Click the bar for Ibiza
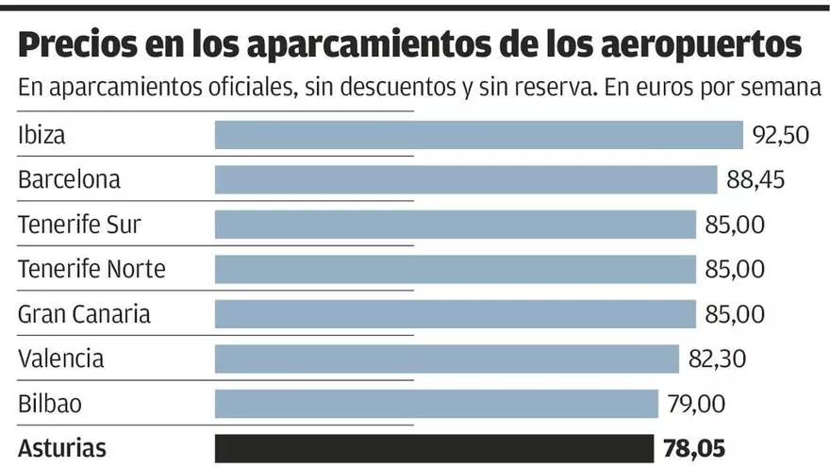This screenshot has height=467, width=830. point(479,135)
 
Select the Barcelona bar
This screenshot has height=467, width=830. point(466,179)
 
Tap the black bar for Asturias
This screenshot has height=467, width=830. point(434,448)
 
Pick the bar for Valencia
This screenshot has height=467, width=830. point(447,359)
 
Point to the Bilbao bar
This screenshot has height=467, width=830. point(436,404)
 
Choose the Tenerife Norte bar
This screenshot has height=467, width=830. point(456,269)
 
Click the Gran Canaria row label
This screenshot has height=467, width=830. point(84,313)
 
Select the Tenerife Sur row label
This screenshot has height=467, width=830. point(80,225)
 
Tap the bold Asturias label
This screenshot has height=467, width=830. point(62,448)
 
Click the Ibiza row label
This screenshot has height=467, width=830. point(41,135)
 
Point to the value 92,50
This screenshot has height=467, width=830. point(781,135)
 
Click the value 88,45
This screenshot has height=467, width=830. point(755,179)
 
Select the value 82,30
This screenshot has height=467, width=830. point(717,359)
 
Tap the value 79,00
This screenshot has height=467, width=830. point(696,404)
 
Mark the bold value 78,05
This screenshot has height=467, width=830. point(692,448)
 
